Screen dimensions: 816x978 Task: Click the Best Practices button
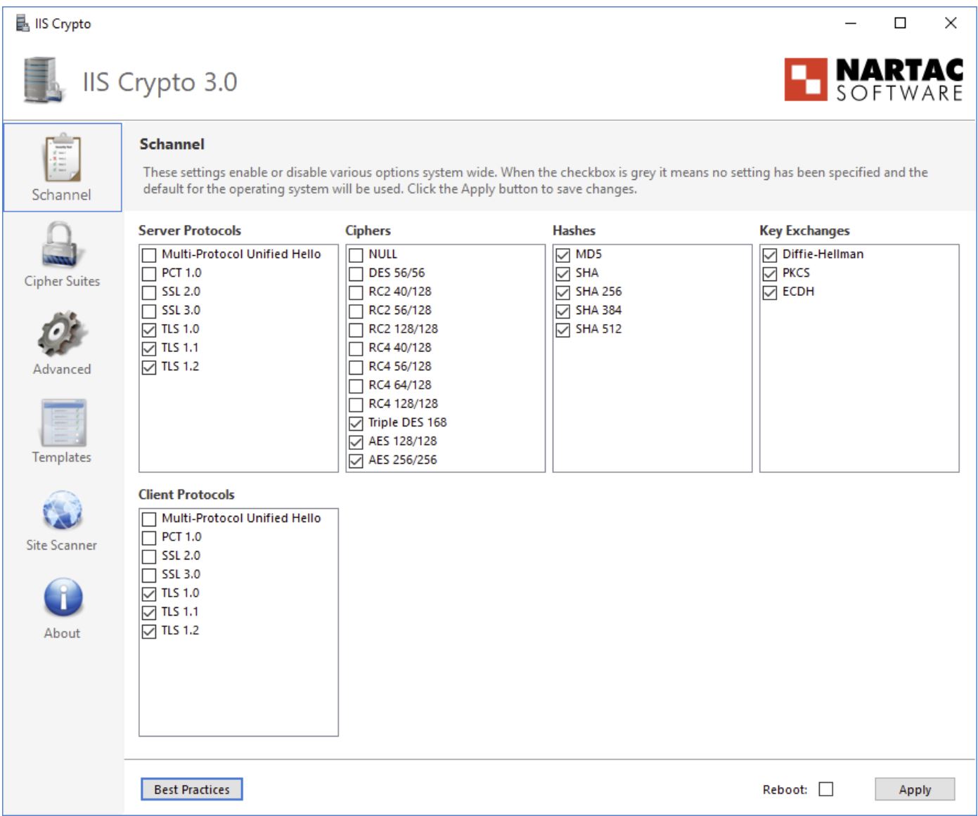point(191,789)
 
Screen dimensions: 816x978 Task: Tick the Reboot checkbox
point(826,789)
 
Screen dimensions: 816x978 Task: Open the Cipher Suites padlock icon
point(62,245)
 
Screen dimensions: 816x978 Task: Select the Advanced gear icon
point(62,334)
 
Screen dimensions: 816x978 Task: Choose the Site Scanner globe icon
point(62,511)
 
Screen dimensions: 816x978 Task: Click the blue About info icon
point(63,598)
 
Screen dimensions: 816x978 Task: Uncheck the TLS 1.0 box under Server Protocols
point(149,330)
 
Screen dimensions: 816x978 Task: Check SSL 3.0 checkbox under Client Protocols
point(149,575)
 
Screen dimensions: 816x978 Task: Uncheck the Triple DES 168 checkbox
point(356,423)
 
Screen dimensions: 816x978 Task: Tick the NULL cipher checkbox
point(356,255)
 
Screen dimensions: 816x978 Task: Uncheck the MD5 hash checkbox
point(563,255)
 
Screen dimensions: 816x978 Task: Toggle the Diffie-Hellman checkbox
point(770,255)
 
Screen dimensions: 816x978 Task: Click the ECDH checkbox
point(770,292)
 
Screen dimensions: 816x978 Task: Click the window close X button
point(951,23)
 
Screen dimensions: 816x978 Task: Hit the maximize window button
point(900,23)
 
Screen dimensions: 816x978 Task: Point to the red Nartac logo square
point(806,79)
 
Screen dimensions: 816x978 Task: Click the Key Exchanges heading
point(804,231)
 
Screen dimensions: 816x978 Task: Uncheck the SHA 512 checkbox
point(563,330)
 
